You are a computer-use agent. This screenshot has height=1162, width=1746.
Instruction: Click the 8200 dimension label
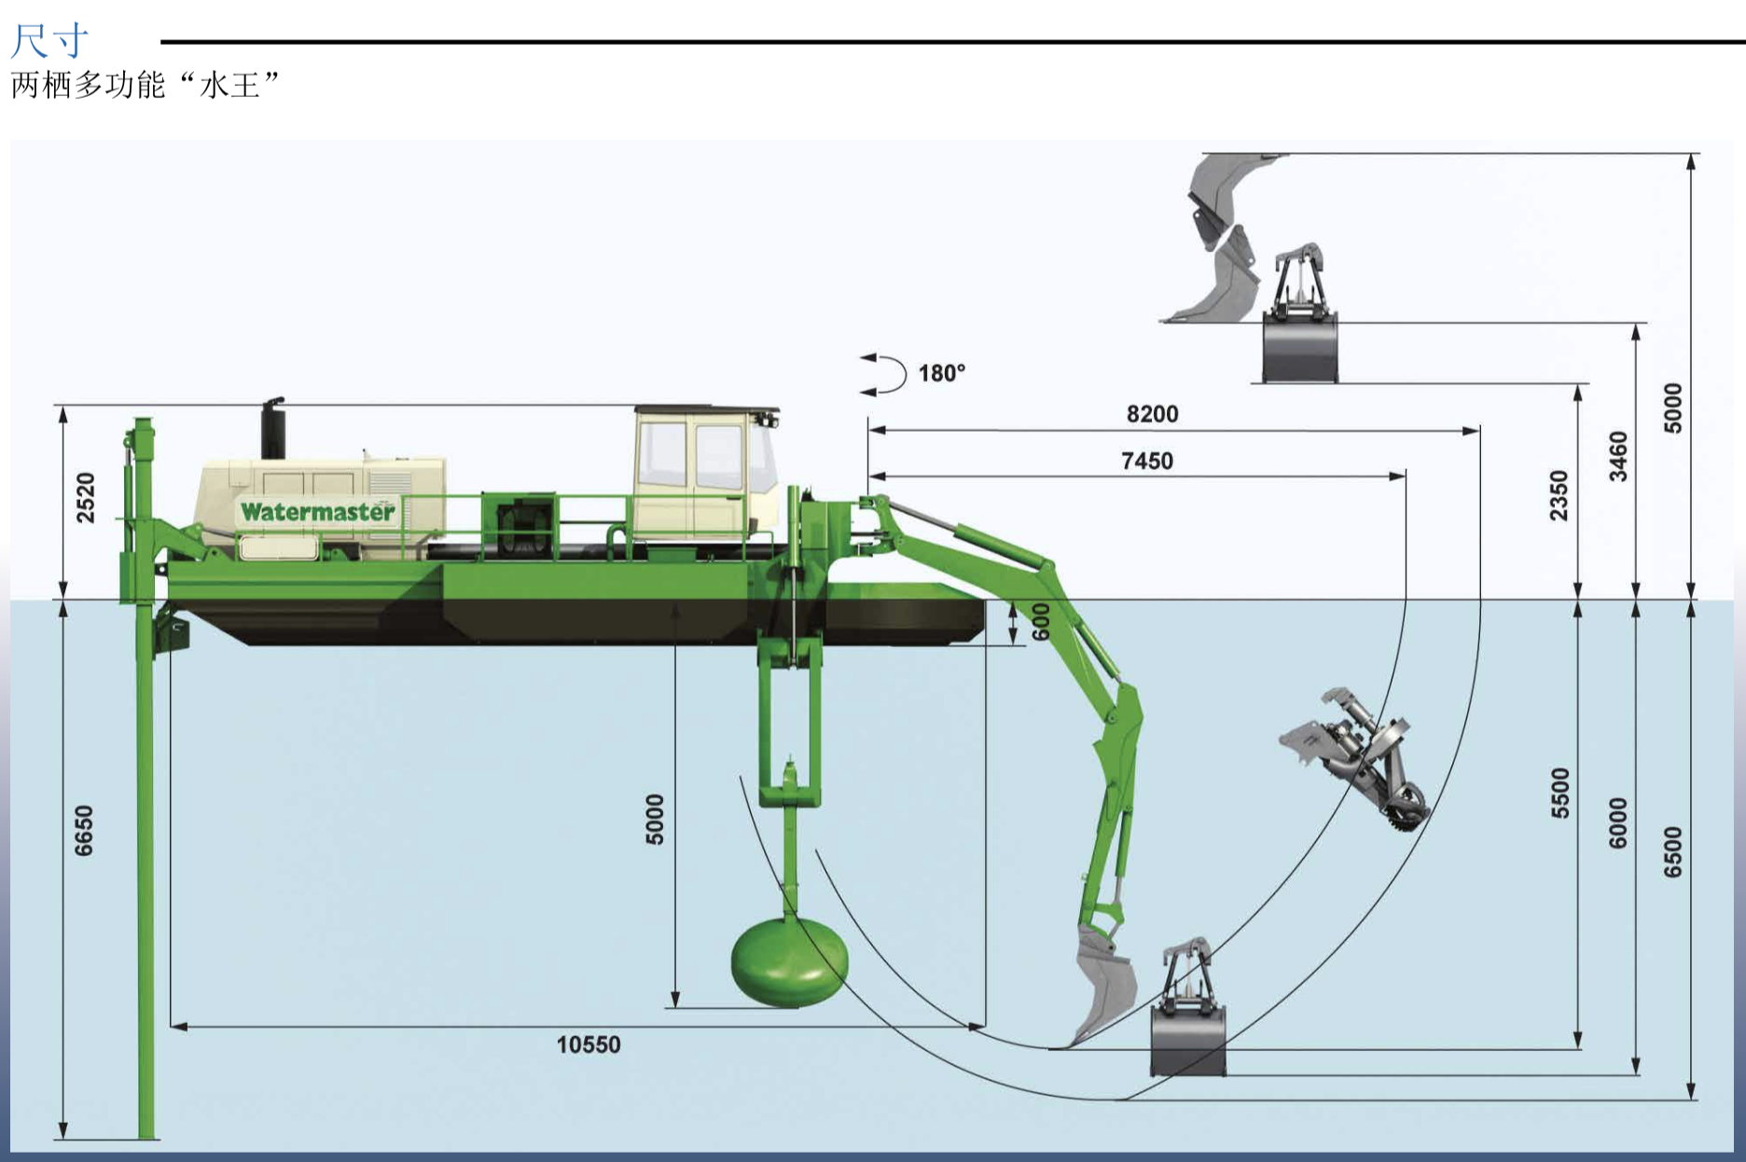(1152, 414)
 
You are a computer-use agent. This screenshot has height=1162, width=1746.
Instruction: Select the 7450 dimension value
(1146, 461)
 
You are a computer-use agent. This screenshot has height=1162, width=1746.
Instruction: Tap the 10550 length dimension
(588, 1044)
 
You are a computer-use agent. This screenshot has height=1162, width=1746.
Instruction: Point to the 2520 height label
(85, 497)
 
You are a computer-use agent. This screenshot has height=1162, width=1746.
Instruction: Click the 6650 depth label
(84, 830)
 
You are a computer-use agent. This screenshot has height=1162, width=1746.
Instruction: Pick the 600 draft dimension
(1041, 621)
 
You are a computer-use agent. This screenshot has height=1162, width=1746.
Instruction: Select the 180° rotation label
(941, 373)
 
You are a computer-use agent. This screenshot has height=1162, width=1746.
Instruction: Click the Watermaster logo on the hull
(317, 511)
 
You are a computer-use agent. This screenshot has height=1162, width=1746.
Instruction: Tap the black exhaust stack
(272, 429)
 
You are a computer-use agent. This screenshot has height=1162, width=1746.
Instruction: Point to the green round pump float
(789, 965)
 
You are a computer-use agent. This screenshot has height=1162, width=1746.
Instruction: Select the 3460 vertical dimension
(1618, 456)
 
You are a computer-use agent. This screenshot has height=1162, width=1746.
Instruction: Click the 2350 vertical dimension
(1559, 495)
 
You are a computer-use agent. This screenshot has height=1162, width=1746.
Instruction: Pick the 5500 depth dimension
(1559, 793)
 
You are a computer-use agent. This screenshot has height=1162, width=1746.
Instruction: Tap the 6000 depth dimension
(1618, 823)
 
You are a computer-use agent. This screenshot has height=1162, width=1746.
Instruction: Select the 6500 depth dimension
(1673, 851)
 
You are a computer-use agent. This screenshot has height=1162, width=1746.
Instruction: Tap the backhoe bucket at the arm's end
(1105, 984)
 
